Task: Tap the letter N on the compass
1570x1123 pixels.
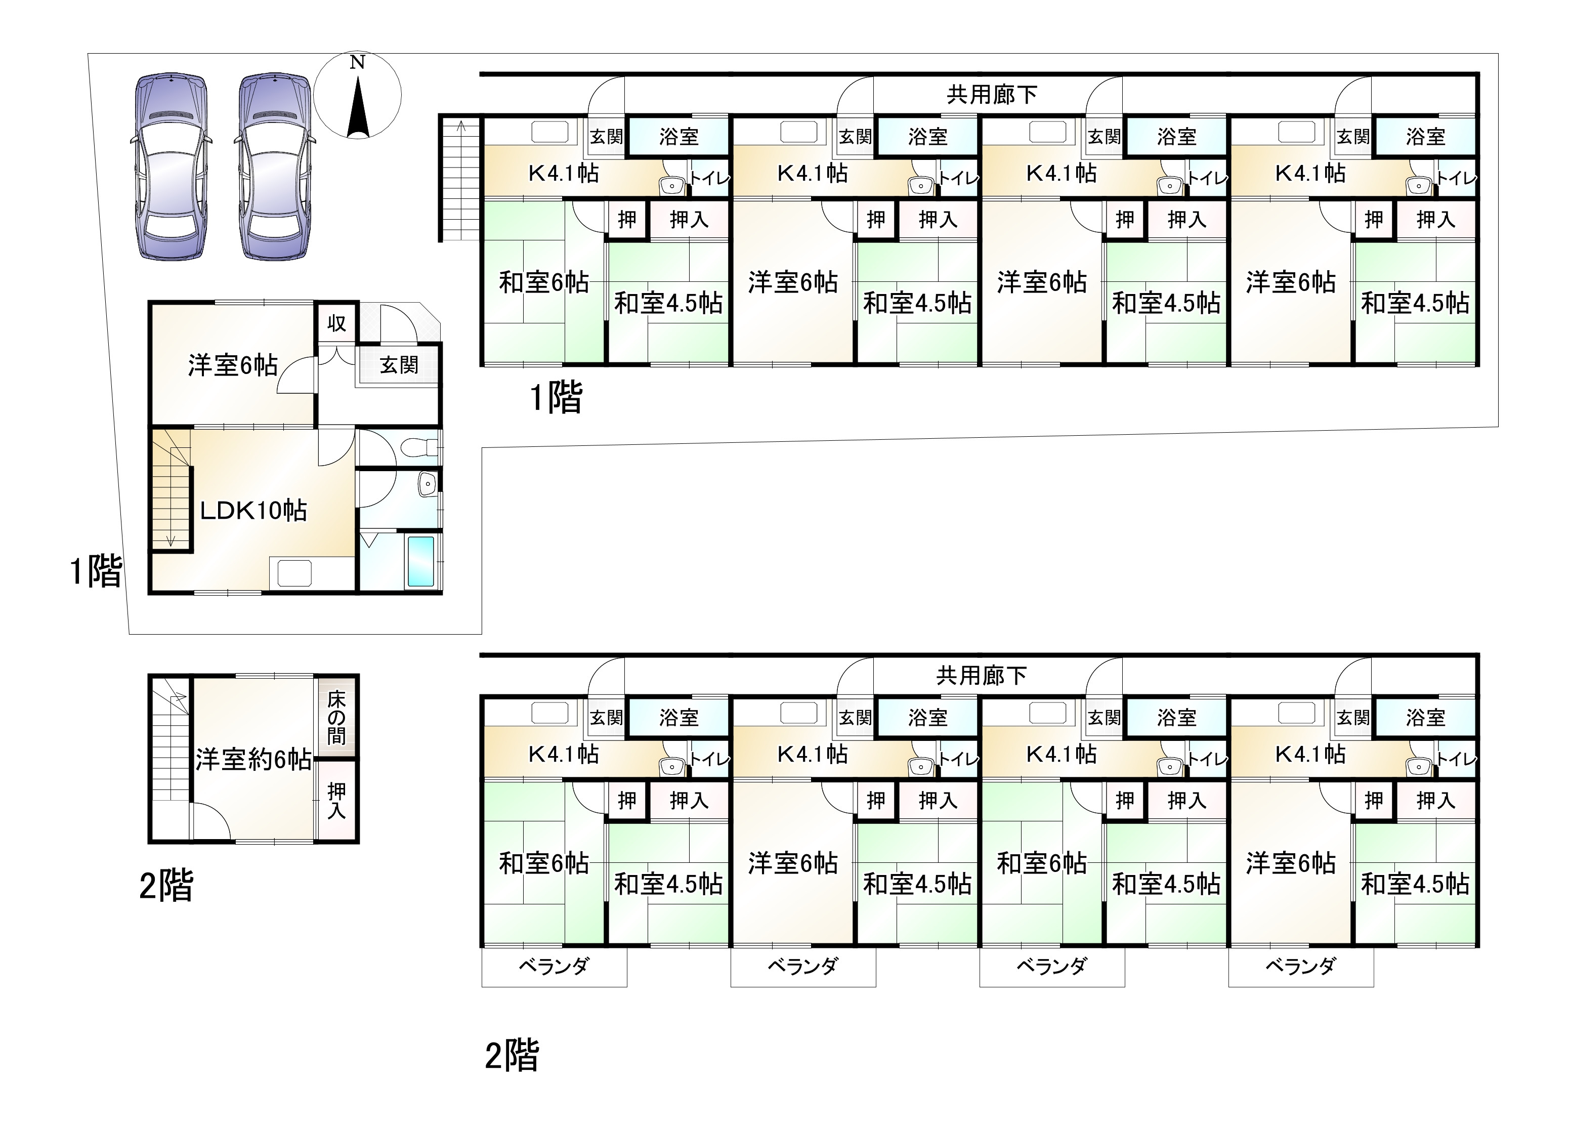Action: pos(357,62)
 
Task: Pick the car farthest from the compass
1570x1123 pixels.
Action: pos(171,166)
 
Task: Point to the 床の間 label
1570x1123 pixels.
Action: pos(336,717)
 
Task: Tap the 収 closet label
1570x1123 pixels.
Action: pos(336,323)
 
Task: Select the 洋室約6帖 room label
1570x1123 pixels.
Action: pos(253,759)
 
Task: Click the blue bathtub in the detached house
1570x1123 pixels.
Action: pos(420,562)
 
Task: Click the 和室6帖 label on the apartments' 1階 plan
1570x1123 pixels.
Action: pos(543,282)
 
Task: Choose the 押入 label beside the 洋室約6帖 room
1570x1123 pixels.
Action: pos(336,801)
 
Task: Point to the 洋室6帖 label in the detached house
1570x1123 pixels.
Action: pos(232,365)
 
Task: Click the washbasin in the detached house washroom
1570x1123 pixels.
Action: pos(427,483)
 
